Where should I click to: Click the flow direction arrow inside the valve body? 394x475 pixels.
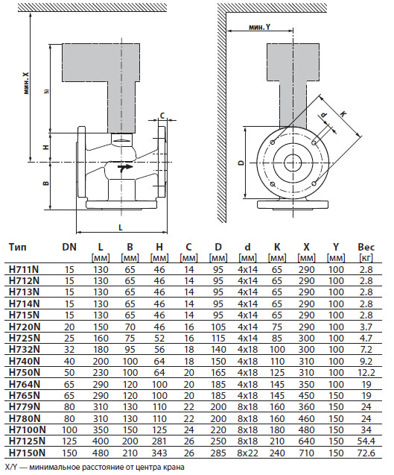124,168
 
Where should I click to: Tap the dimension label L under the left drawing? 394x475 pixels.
121,227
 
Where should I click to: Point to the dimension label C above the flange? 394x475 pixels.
162,116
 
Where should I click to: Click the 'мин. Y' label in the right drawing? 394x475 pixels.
259,27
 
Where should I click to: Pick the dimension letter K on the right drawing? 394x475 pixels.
343,114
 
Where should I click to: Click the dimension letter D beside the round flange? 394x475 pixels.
241,163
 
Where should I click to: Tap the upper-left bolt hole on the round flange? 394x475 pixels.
273,142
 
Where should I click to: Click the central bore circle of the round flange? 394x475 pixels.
293,163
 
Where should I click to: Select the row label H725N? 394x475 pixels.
25,338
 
